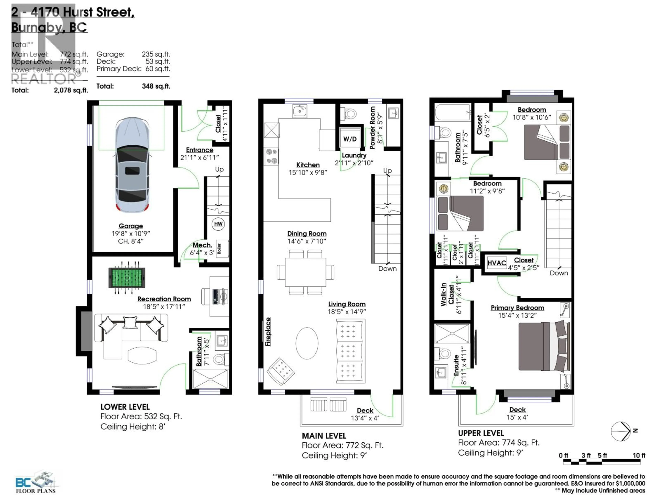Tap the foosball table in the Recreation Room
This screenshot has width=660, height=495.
127,277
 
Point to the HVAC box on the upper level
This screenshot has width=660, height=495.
497,263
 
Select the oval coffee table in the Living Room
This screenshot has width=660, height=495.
307,343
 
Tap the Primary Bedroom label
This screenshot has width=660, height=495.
517,308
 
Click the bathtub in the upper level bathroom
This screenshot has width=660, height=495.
452,112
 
